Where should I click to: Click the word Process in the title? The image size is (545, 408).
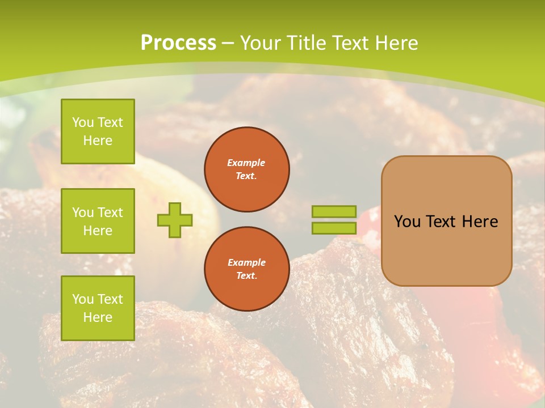(178, 43)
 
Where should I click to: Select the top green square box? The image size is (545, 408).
(98, 131)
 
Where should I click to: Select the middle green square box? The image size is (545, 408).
(98, 221)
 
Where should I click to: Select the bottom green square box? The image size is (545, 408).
(98, 308)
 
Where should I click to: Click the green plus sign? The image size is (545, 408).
(175, 220)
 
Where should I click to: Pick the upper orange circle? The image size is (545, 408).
(247, 169)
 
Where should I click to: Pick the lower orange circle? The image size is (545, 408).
(247, 269)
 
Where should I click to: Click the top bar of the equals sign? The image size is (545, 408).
(334, 212)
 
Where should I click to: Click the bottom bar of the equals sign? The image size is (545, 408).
(334, 228)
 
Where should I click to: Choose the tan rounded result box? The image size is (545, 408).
(447, 249)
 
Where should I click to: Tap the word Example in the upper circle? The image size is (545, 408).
(246, 163)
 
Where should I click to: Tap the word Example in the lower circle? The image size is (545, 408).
(246, 263)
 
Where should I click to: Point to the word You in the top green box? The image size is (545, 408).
(83, 122)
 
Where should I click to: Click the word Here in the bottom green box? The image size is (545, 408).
(98, 317)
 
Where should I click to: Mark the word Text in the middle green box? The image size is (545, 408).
(110, 212)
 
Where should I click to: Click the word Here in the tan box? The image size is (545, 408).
(480, 222)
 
